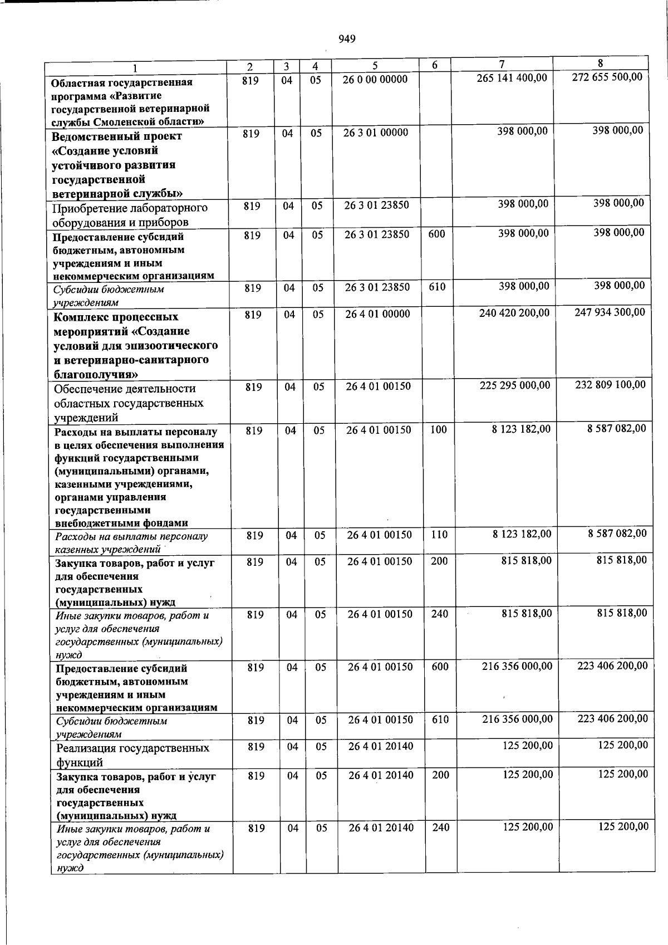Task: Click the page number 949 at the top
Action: [x=346, y=39]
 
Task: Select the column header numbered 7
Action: [x=501, y=64]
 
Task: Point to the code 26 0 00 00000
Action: [x=375, y=79]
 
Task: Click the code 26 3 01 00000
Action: [x=376, y=133]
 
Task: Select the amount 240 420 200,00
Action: [x=514, y=314]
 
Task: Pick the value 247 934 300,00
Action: [x=610, y=312]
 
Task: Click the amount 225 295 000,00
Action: [x=515, y=385]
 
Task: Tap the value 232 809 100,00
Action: [x=610, y=384]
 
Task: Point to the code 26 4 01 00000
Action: [x=377, y=314]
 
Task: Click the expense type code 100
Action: [x=438, y=429]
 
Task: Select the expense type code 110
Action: [x=439, y=535]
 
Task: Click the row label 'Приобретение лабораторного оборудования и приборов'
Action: [x=130, y=215]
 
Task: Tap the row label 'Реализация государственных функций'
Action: [x=132, y=755]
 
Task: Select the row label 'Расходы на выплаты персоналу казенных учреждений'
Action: [x=131, y=542]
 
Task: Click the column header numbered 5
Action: [x=375, y=66]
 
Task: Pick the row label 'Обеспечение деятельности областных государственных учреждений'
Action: [x=129, y=403]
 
